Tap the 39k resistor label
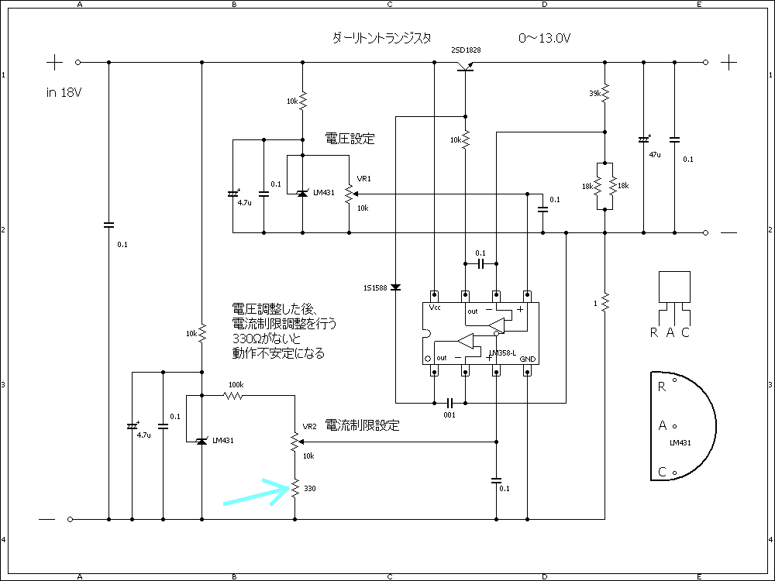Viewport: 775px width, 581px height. [595, 94]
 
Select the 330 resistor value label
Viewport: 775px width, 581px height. [310, 489]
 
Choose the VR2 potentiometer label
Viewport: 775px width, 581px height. [309, 426]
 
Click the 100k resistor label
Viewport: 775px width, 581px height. [236, 384]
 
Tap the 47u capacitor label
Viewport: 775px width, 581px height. [656, 154]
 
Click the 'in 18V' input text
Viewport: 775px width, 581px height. [64, 92]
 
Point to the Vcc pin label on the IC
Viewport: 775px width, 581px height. [436, 308]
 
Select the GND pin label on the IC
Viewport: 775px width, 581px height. [528, 359]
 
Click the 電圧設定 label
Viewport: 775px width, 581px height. [350, 139]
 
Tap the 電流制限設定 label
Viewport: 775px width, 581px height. [362, 425]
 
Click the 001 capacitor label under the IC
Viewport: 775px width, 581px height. [449, 415]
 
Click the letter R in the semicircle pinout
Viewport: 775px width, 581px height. [661, 387]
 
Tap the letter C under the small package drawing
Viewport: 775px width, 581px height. [685, 333]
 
